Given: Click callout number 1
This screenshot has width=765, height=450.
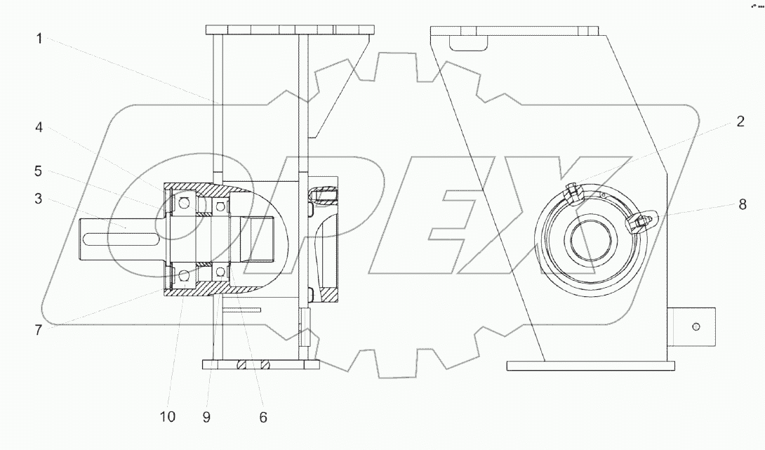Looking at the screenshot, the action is click(39, 39).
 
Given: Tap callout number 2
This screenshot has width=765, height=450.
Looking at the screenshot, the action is click(740, 121).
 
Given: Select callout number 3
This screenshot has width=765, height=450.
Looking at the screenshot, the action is click(39, 199).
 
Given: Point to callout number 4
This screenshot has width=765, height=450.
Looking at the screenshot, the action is click(39, 128).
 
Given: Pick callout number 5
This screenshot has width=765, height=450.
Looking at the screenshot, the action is click(39, 171).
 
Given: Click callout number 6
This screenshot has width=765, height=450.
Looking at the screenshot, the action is click(263, 417).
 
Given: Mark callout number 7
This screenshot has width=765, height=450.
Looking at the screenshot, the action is click(39, 331).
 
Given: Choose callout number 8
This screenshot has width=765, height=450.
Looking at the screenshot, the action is click(742, 204).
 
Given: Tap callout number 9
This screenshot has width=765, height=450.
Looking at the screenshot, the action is click(206, 417).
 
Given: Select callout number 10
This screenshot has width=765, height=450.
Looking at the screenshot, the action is click(167, 417).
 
